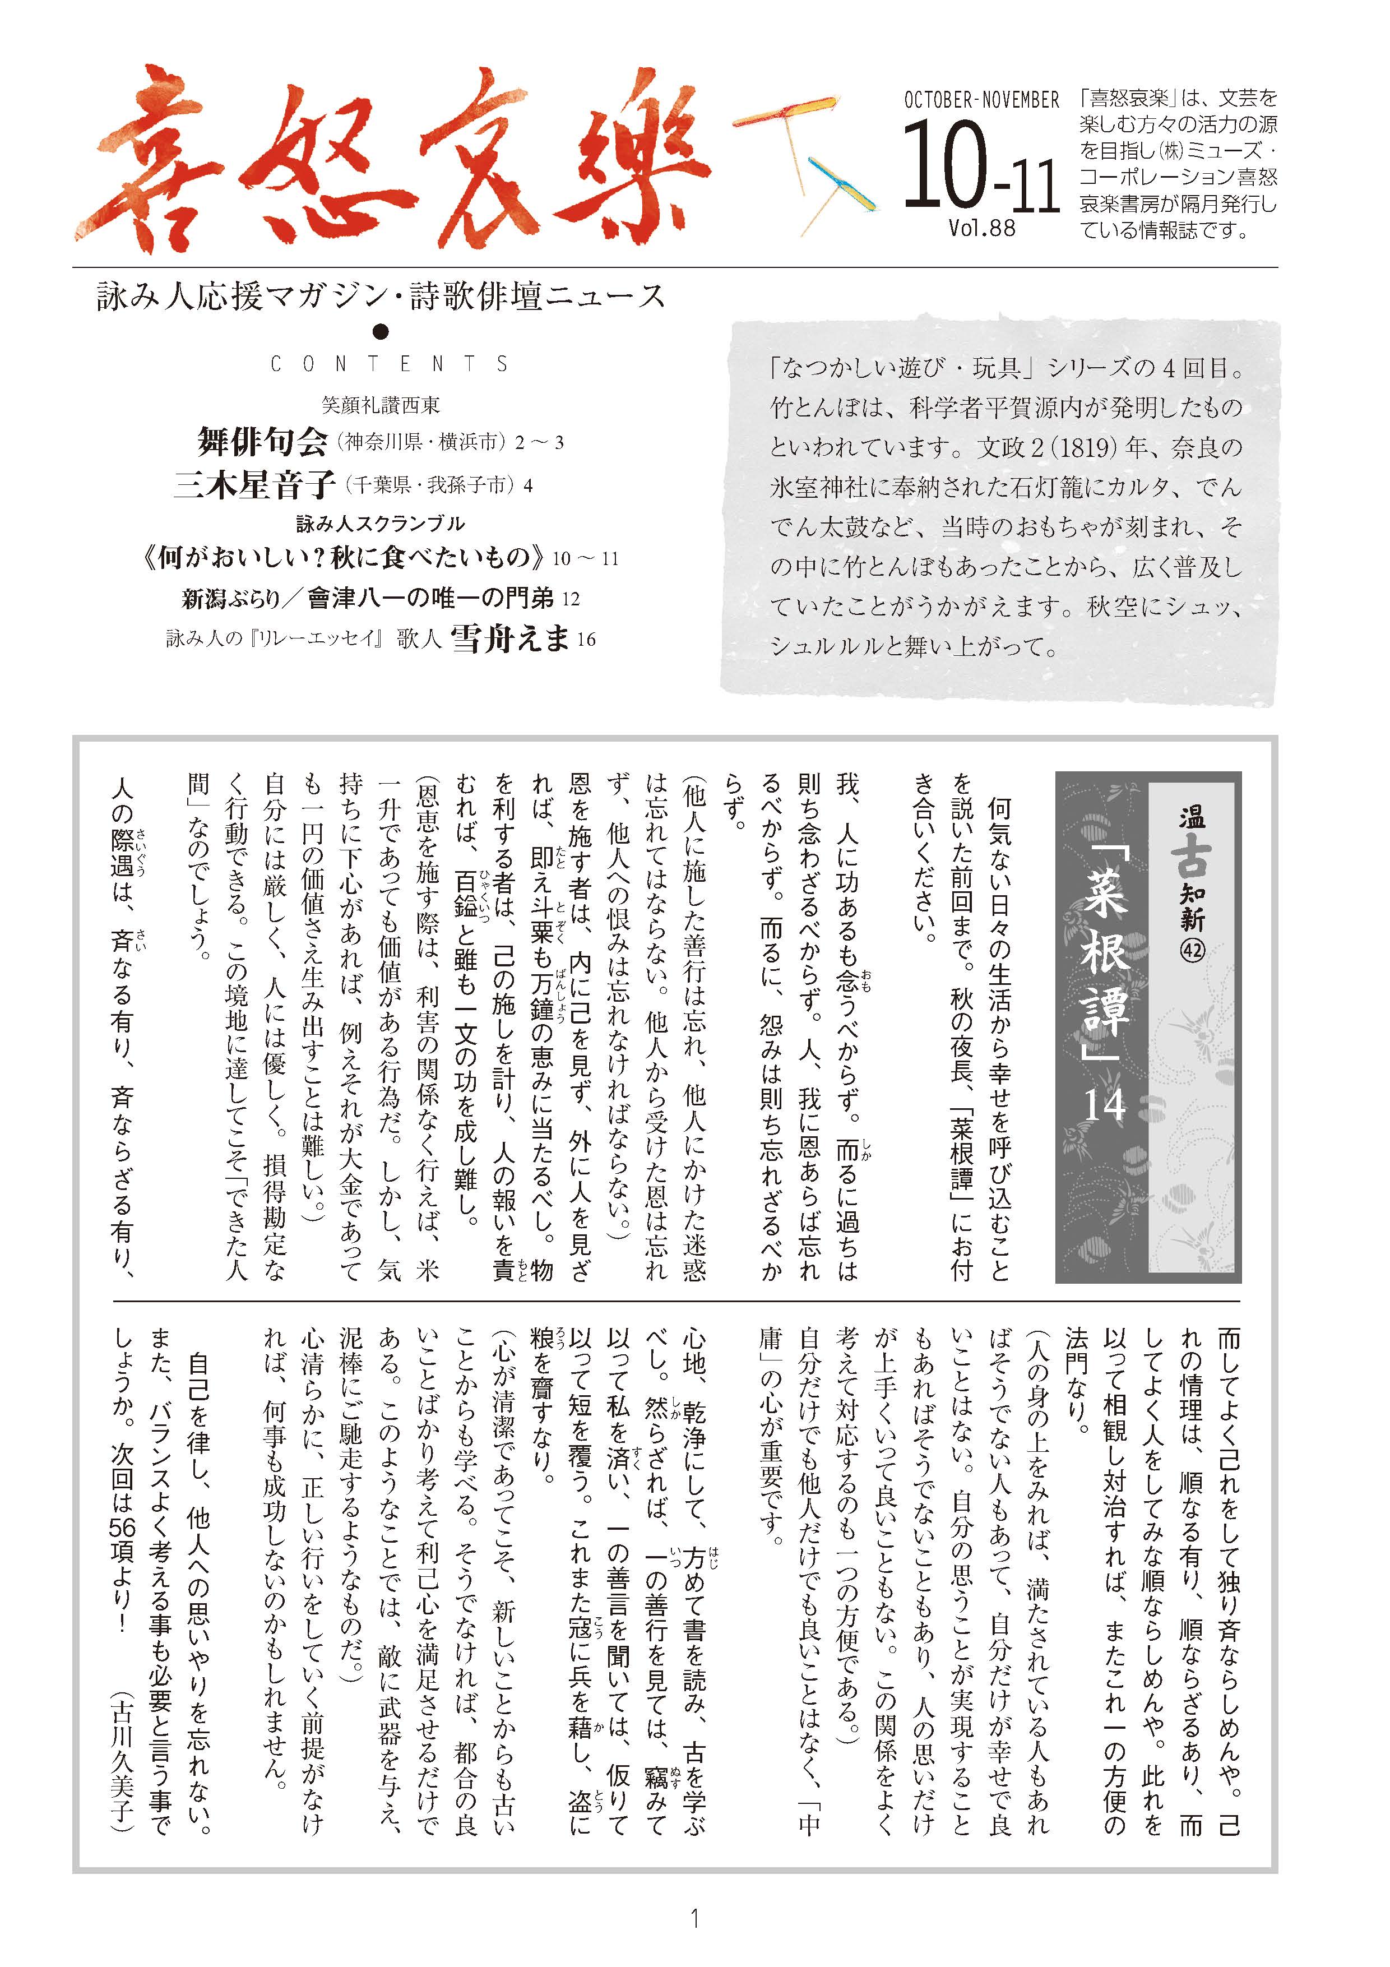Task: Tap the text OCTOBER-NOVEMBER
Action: point(981,100)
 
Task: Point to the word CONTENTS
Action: point(390,364)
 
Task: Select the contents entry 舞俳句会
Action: point(263,442)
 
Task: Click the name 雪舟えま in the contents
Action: point(511,638)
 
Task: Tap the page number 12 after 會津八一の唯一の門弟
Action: point(571,599)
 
